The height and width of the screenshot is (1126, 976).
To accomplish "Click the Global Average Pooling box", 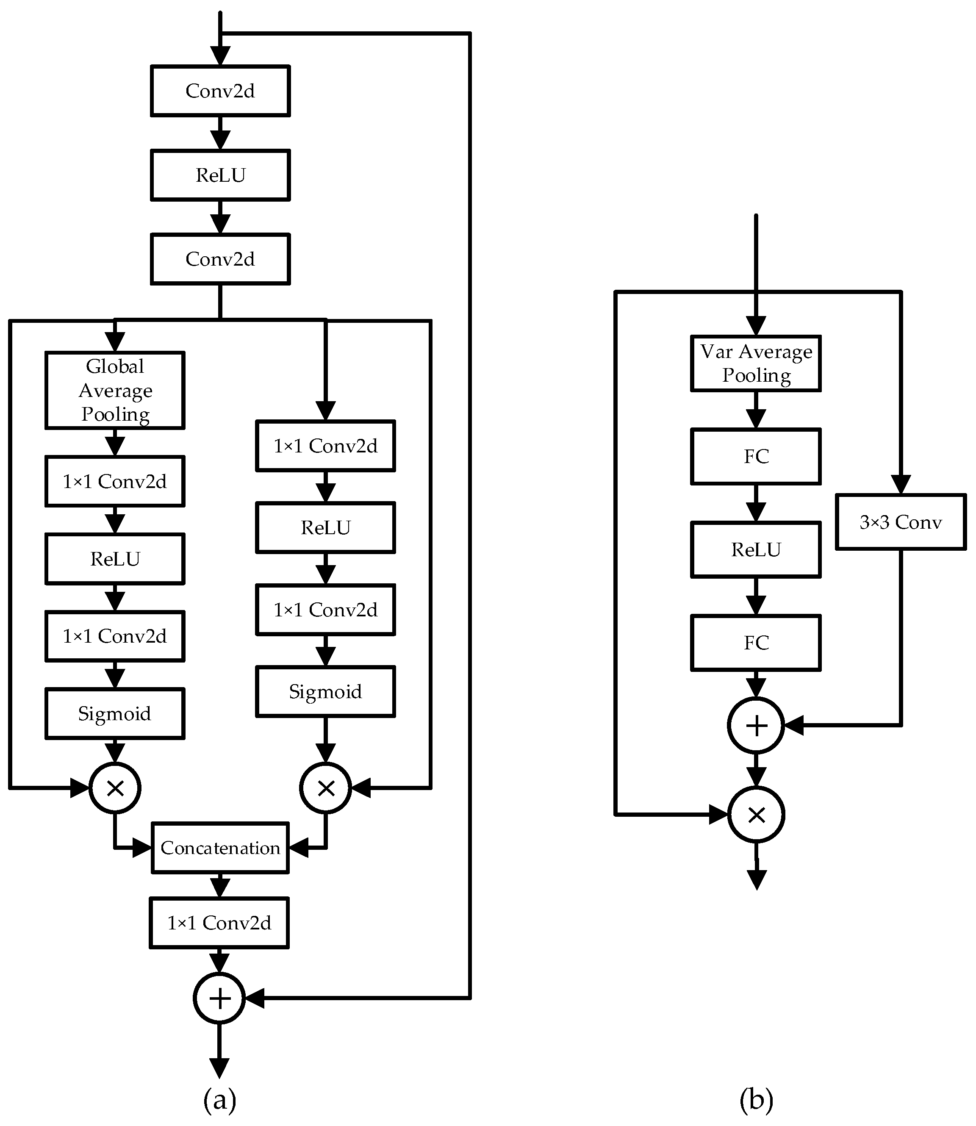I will [115, 390].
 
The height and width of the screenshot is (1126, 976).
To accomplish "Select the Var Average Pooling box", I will [755, 363].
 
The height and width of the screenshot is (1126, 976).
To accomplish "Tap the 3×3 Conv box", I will [900, 522].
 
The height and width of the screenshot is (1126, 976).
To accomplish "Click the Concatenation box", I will [220, 848].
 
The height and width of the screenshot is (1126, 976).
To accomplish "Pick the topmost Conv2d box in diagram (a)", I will [220, 91].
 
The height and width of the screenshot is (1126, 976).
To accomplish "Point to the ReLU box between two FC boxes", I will [755, 549].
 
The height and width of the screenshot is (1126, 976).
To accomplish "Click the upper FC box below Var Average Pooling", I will [755, 457].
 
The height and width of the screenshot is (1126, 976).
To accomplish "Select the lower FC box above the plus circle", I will [755, 643].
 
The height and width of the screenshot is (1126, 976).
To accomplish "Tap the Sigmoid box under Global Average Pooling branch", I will [115, 714].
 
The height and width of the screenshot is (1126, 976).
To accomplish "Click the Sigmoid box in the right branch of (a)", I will [325, 691].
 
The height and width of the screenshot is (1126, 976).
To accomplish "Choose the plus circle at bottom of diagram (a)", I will [219, 998].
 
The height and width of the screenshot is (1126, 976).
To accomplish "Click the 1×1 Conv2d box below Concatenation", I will [219, 923].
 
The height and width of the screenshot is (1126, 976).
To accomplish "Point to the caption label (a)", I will [219, 1100].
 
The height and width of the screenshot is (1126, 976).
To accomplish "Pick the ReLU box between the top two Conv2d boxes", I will [220, 175].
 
